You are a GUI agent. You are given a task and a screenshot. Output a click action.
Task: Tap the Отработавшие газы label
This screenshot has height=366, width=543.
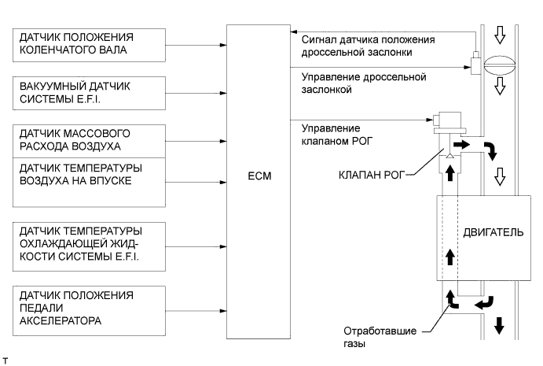click(373, 337)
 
